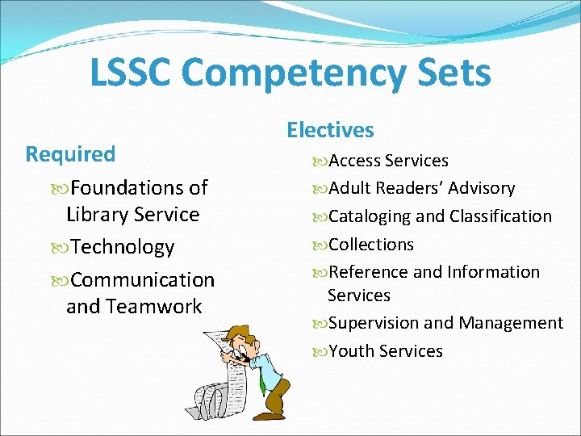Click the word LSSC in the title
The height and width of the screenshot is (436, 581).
[131, 73]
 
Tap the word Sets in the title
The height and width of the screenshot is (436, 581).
[454, 73]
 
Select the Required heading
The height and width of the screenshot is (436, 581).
[70, 153]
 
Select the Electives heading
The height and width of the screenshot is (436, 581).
[330, 130]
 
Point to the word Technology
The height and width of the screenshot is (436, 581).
[122, 247]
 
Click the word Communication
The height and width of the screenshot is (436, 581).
[143, 280]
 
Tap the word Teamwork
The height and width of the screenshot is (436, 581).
[154, 307]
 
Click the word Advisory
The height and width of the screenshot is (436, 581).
[481, 188]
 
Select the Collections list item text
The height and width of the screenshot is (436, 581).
[371, 244]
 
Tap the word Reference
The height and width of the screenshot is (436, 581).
[368, 272]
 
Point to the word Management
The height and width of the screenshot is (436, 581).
[511, 323]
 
